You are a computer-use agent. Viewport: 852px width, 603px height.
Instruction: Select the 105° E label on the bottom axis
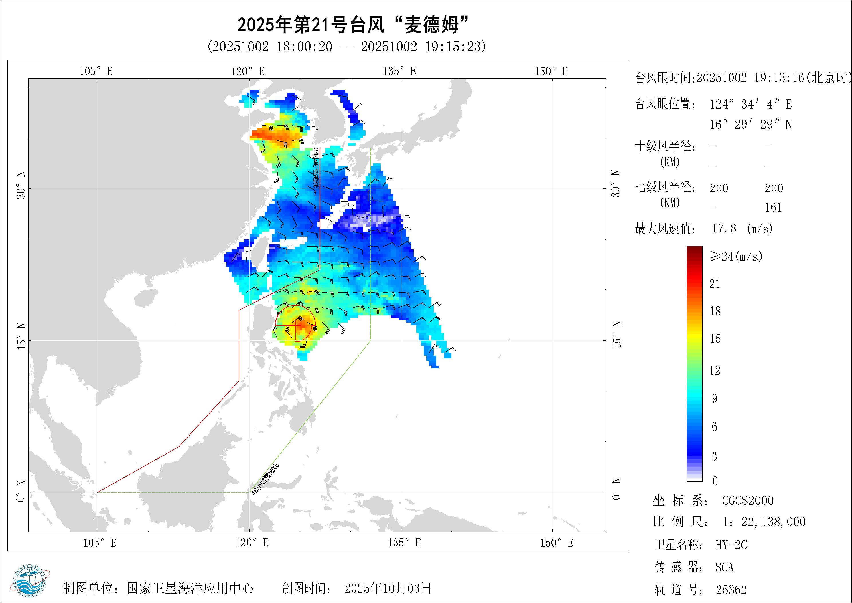click(99, 543)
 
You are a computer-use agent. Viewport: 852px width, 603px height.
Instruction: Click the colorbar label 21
click(715, 284)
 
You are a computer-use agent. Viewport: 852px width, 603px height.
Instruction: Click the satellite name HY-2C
click(731, 545)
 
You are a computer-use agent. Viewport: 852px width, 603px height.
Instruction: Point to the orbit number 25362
click(731, 590)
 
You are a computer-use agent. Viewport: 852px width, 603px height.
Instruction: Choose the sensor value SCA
click(724, 567)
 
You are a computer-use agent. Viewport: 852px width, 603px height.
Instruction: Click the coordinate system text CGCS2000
click(748, 500)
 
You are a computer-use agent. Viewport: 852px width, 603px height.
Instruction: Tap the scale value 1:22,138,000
click(764, 522)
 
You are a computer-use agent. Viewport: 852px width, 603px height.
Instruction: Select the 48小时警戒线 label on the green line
click(265, 479)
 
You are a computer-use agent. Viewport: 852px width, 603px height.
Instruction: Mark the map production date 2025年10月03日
click(388, 588)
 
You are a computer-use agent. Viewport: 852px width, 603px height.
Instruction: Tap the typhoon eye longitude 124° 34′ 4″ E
click(750, 104)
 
